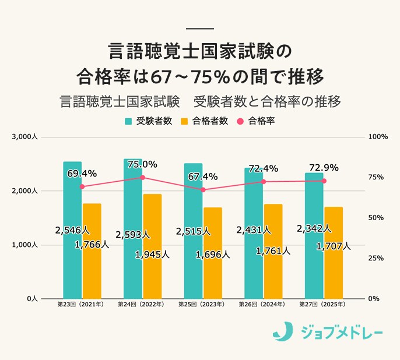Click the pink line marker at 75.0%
point(143,177)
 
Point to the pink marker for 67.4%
point(203,189)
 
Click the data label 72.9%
point(322,168)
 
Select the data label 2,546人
point(72,231)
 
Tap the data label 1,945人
point(152,254)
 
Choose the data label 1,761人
point(273,251)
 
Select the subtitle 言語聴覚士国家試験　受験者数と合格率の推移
point(200,101)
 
